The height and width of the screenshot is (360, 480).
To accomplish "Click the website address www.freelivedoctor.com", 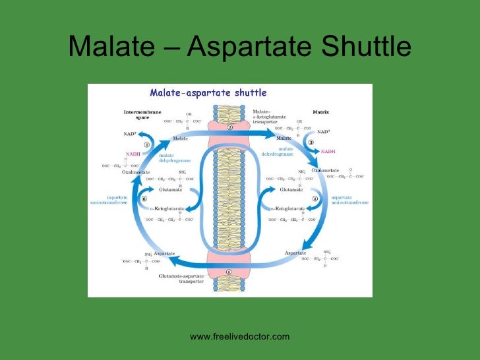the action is pos(240,337).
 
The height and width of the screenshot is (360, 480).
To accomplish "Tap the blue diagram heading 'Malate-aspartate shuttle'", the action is pos(198,93).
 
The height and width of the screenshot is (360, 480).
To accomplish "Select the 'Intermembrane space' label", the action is pos(142,115).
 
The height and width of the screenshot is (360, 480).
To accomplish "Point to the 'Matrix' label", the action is pos(320,112).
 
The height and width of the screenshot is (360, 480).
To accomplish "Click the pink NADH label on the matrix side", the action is pos(328,151).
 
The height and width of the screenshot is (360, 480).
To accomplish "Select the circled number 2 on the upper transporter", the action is pos(230,127).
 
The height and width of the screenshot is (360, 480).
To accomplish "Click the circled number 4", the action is pos(315,198).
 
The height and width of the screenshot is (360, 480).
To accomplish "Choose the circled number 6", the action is pos(144,197).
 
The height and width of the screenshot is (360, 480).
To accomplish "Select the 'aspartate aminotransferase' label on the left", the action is pos(108,200).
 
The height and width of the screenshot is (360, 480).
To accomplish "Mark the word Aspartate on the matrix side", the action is pos(297,253).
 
